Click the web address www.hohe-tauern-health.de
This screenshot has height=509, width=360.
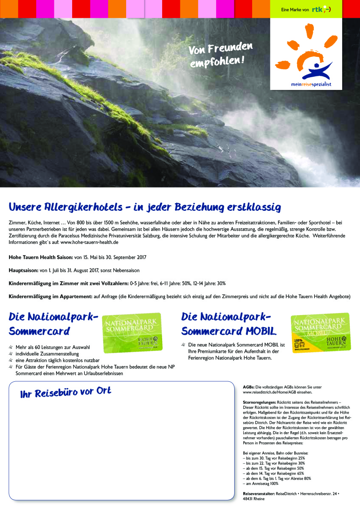click(x=89, y=242)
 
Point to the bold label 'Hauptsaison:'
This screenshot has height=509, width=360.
click(x=23, y=270)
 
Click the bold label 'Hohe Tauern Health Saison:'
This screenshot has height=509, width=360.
click(x=41, y=257)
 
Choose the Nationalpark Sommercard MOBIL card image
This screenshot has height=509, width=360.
click(x=321, y=332)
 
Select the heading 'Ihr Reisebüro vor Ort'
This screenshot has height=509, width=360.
click(x=66, y=392)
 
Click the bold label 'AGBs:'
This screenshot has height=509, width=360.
click(x=248, y=387)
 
